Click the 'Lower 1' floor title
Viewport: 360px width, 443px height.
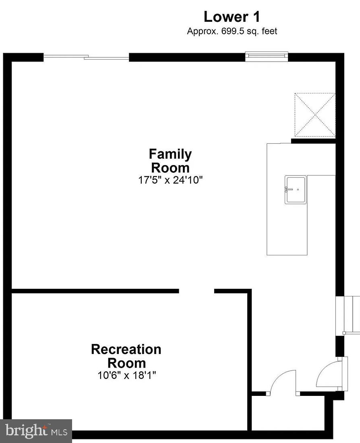(232, 17)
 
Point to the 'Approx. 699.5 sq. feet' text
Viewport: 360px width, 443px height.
(232, 31)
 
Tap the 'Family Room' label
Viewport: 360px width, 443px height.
(170, 160)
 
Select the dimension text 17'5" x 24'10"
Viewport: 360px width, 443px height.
(170, 180)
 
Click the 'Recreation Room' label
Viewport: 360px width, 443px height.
(126, 356)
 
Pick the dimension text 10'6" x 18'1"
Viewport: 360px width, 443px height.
(126, 375)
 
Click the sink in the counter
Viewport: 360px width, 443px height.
(296, 189)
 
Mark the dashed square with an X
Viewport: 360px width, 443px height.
(315, 115)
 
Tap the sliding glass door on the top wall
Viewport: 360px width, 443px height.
(86, 58)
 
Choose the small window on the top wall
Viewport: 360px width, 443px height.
(267, 56)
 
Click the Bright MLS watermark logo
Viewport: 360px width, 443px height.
(36, 431)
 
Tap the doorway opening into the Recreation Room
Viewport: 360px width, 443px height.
(197, 291)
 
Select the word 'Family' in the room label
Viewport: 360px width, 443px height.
(170, 154)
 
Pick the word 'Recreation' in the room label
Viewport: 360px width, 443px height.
(126, 349)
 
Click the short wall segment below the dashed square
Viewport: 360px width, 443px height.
(313, 141)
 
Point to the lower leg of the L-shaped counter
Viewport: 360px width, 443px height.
(287, 226)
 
